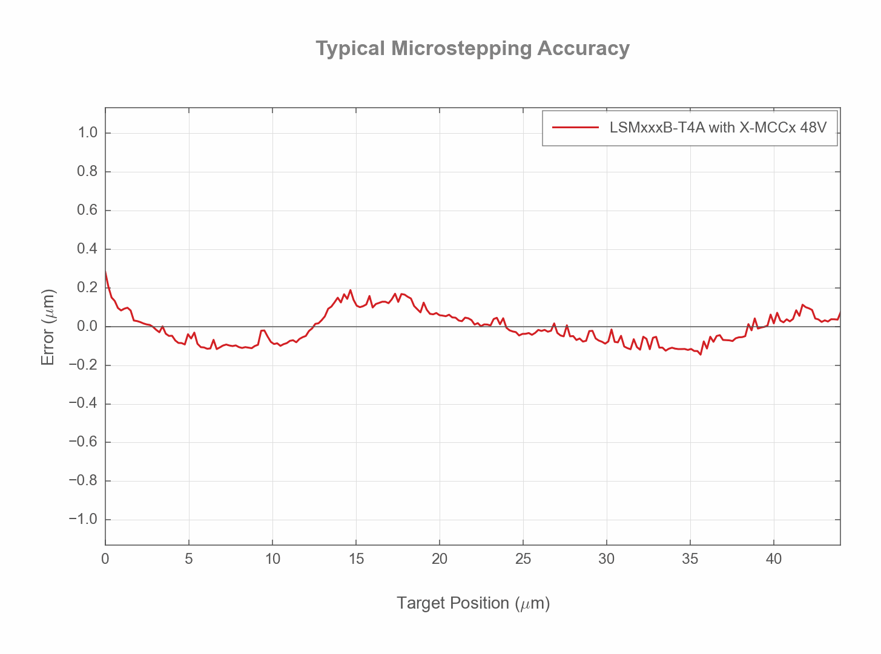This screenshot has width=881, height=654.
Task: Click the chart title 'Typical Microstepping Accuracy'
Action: point(472,48)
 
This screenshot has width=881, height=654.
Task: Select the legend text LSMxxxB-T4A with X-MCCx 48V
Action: point(718,128)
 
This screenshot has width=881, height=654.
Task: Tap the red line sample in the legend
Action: point(575,128)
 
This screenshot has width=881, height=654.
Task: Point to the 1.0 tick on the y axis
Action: point(88,133)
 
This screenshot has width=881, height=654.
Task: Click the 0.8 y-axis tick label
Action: point(88,172)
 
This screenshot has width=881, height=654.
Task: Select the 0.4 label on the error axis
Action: point(88,249)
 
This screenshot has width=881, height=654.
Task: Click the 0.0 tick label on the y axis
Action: point(88,327)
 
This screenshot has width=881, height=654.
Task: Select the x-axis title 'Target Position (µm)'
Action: point(473,603)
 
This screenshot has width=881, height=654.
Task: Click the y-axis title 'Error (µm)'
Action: point(48,327)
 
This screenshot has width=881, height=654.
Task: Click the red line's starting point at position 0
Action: point(106,272)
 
